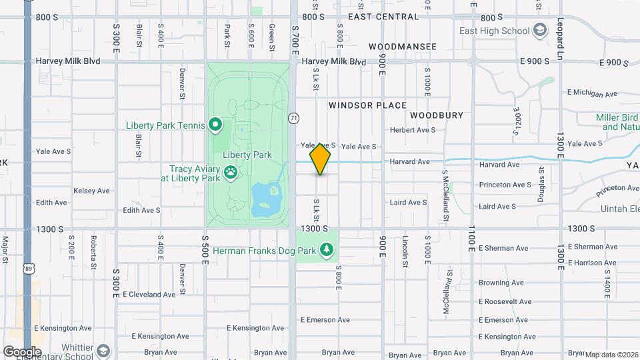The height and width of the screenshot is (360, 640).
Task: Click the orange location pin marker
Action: pos(321,159)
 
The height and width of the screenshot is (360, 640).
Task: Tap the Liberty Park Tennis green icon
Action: pos(215,125)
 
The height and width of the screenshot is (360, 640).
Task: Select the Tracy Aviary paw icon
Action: pos(231,173)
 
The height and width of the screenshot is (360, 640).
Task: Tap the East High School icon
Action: pos(540,31)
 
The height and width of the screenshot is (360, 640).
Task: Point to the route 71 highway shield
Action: pos(293,118)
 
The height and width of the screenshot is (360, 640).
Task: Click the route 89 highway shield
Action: pos(28,249)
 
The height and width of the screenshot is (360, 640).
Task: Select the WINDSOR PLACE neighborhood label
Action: pos(367,105)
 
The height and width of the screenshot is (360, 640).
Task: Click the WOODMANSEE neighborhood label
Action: pos(403,47)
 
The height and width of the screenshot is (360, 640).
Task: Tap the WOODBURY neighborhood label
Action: pos(437,115)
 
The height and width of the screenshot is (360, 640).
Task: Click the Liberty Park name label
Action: pos(247,155)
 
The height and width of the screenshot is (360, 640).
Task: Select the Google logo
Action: pos(22,351)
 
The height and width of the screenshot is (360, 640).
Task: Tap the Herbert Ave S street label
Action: pos(413,130)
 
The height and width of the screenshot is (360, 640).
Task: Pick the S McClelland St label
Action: pos(445,195)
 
